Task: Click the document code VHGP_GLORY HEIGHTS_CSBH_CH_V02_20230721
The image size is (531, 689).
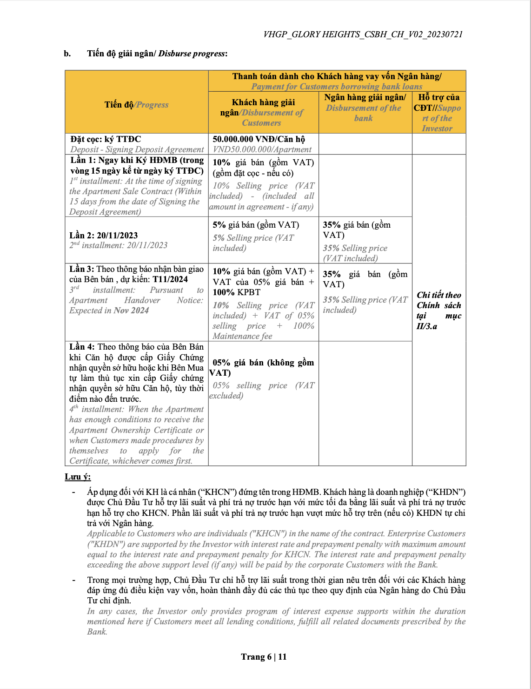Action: [x=363, y=34]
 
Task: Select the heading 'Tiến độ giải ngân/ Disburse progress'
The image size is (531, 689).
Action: [x=157, y=54]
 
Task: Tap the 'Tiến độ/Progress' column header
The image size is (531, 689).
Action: [x=136, y=105]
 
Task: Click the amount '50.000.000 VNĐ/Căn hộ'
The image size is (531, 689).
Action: [x=259, y=139]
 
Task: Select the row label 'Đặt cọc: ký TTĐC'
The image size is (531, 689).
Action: [x=106, y=139]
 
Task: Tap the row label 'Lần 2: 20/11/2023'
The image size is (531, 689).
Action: [x=104, y=236]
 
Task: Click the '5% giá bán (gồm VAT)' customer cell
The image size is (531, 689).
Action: [x=256, y=225]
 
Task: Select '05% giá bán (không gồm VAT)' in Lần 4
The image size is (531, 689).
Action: [x=263, y=367]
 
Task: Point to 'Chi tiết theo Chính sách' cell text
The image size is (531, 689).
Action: [x=438, y=300]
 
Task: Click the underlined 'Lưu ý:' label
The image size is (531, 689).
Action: [x=78, y=477]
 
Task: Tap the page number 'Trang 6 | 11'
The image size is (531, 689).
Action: [x=264, y=657]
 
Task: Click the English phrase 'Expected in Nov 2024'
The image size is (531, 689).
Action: [x=109, y=311]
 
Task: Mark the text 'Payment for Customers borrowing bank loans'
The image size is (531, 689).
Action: [x=337, y=87]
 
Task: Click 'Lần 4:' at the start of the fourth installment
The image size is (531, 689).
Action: [x=82, y=347]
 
